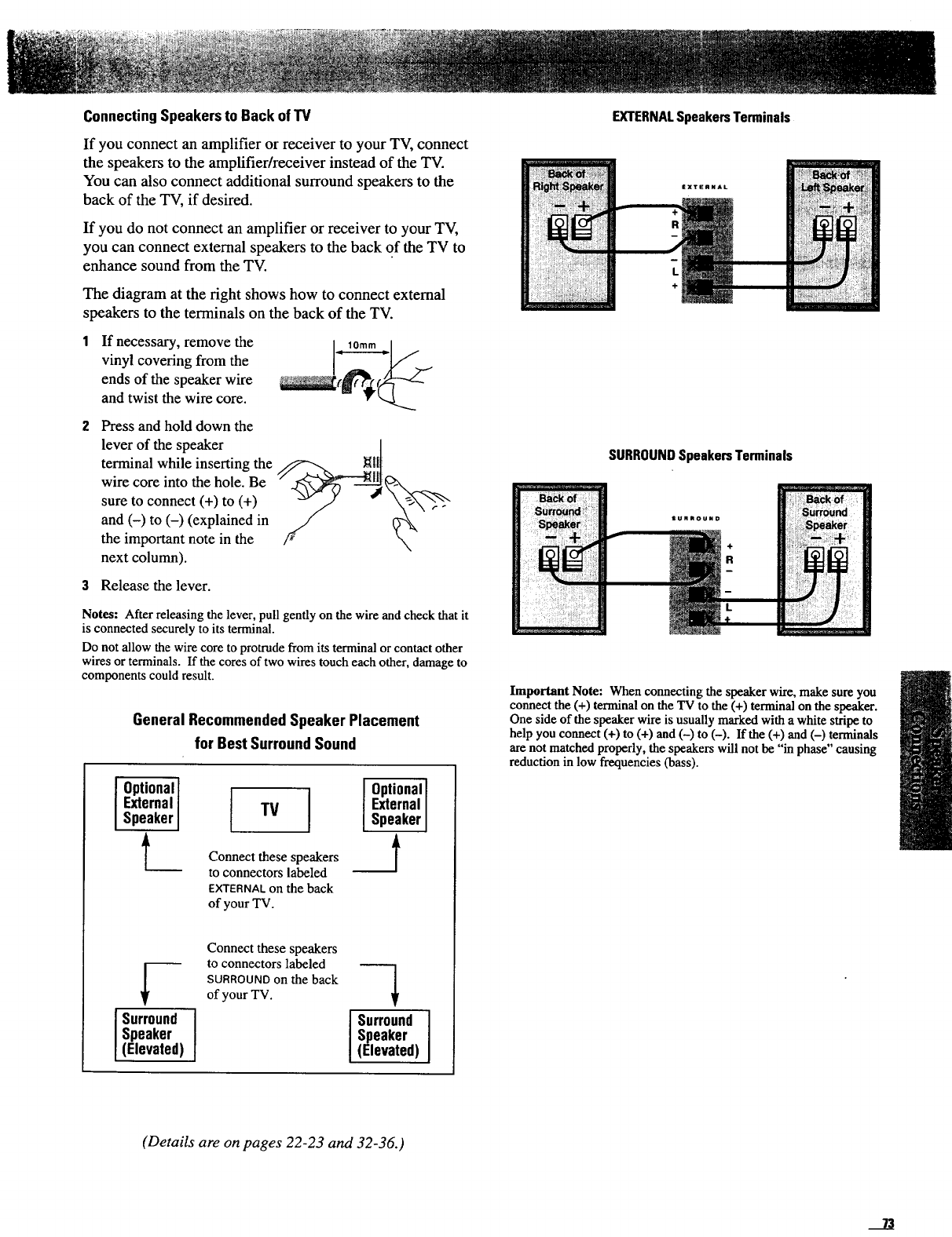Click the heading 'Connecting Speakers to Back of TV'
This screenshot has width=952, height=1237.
pyautogui.click(x=197, y=117)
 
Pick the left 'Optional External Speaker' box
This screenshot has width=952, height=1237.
pyautogui.click(x=147, y=803)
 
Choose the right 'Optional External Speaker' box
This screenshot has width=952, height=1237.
pyautogui.click(x=395, y=805)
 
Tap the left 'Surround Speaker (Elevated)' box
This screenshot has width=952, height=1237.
pyautogui.click(x=155, y=1034)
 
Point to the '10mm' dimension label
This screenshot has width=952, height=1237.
pyautogui.click(x=363, y=346)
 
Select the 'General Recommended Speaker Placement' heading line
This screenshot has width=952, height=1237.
pyautogui.click(x=276, y=721)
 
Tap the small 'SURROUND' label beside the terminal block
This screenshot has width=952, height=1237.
pyautogui.click(x=697, y=519)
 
